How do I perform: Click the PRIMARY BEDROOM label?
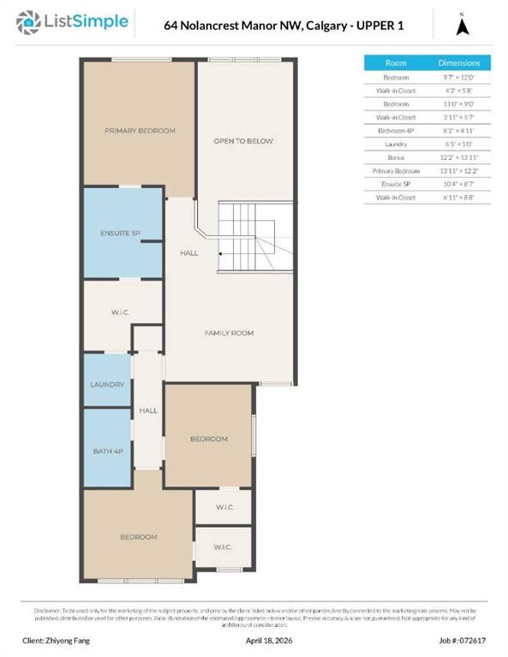pyautogui.click(x=140, y=131)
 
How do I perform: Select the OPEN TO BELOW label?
pyautogui.click(x=243, y=141)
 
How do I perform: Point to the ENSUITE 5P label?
pyautogui.click(x=121, y=234)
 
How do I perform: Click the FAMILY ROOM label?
pyautogui.click(x=229, y=333)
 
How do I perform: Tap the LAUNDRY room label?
pyautogui.click(x=107, y=385)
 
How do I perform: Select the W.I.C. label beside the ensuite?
pyautogui.click(x=119, y=312)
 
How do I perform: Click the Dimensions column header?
pyautogui.click(x=459, y=63)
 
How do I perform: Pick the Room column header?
pyautogui.click(x=396, y=63)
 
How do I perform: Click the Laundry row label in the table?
pyautogui.click(x=396, y=144)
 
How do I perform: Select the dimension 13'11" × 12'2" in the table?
pyautogui.click(x=459, y=170)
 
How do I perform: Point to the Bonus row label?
pyautogui.click(x=396, y=157)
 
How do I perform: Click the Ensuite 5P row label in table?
pyautogui.click(x=396, y=184)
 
